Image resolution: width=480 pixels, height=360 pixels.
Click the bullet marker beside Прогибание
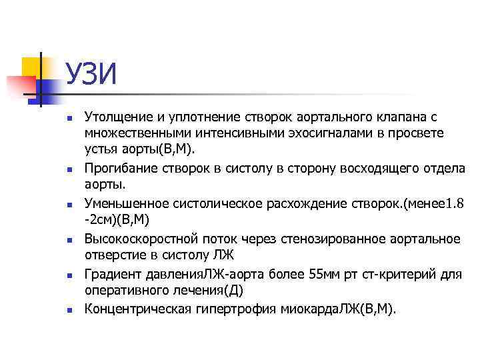[x=68, y=171]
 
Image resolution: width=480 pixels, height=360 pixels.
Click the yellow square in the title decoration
[x=32, y=67]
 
